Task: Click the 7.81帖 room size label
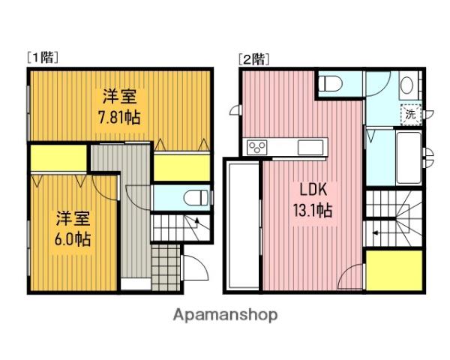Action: tap(119, 118)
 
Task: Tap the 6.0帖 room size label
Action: tap(73, 239)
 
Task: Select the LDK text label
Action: tap(313, 190)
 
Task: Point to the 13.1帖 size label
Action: tap(313, 211)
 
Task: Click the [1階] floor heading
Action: tap(43, 58)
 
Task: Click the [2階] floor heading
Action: tap(254, 58)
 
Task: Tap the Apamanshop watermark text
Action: tap(225, 315)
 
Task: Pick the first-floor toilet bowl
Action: tap(196, 198)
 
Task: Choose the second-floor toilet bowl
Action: tap(331, 83)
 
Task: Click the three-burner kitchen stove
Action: tap(257, 148)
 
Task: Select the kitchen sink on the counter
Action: tap(310, 148)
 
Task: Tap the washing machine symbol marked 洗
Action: tap(411, 115)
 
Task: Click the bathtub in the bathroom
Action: tap(409, 158)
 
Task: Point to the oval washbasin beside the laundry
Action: tap(406, 85)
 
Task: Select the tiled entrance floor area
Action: tap(166, 268)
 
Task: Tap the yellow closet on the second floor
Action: tap(394, 271)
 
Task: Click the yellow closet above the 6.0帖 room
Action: tap(58, 158)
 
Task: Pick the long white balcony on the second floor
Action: tap(243, 225)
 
